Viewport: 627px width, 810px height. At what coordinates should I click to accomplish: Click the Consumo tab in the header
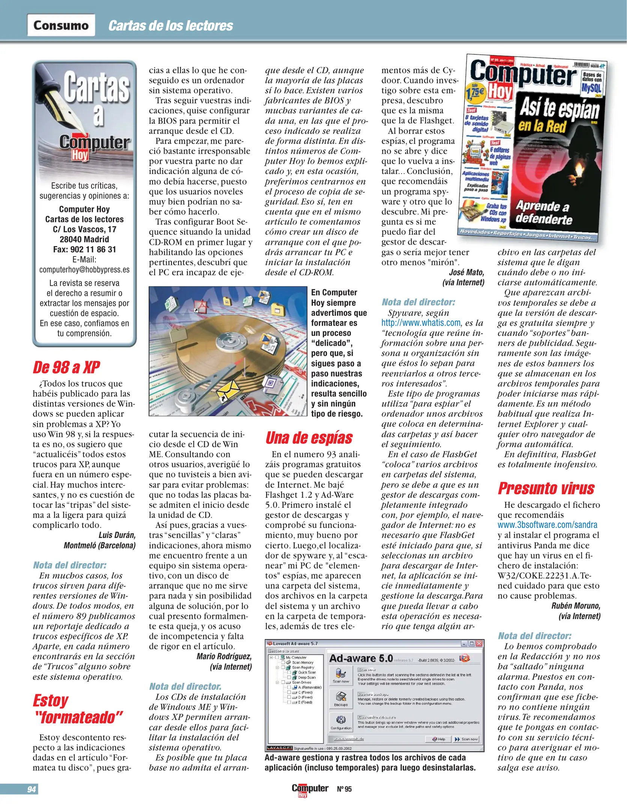coord(61,25)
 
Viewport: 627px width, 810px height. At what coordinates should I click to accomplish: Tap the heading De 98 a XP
coord(66,367)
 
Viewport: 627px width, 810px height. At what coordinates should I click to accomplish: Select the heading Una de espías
coord(309,438)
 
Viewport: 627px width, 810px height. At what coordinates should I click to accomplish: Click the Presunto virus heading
coord(546,488)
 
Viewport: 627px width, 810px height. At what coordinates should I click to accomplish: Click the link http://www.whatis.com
coord(421,323)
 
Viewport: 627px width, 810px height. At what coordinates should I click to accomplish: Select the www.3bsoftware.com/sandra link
coord(547,525)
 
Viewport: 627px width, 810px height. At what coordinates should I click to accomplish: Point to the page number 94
coord(32,789)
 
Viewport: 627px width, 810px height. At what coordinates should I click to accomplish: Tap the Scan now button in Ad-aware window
coord(466,739)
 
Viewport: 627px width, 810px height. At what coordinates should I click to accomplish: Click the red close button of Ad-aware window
coord(479,643)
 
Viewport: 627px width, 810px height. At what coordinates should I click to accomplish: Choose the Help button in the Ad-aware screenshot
coord(438,739)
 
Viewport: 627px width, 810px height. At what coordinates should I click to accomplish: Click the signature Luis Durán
coord(117,535)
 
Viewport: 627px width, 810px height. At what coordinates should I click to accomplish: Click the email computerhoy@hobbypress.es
coord(84,270)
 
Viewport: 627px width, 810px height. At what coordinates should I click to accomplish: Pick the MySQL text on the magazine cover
coord(591,88)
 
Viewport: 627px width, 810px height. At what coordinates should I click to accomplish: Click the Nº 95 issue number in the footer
coord(344,789)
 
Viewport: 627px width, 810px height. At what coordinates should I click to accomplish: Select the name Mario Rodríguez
coord(224,656)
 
